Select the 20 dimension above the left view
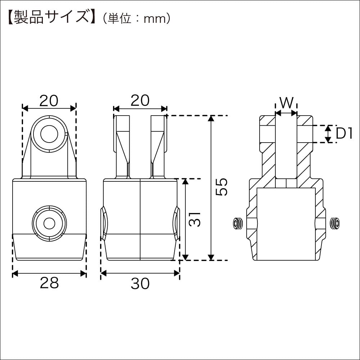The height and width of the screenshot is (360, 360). pos(49,101)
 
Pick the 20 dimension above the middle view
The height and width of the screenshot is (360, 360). pos(140,101)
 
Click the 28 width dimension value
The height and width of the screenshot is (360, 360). pos(49,283)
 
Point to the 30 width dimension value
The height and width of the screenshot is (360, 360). pos(140,284)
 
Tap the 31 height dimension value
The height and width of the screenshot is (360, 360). pos(195,219)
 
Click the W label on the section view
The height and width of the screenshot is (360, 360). pos(286,103)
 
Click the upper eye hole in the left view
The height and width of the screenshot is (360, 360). pos(49,134)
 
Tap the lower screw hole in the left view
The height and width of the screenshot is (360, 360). pos(49,224)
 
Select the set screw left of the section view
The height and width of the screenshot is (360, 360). pos(237,224)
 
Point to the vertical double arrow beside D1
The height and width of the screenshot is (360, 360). pos(328,134)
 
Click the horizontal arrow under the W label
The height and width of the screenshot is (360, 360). pos(286,113)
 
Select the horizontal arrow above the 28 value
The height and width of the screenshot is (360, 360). pos(49,274)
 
